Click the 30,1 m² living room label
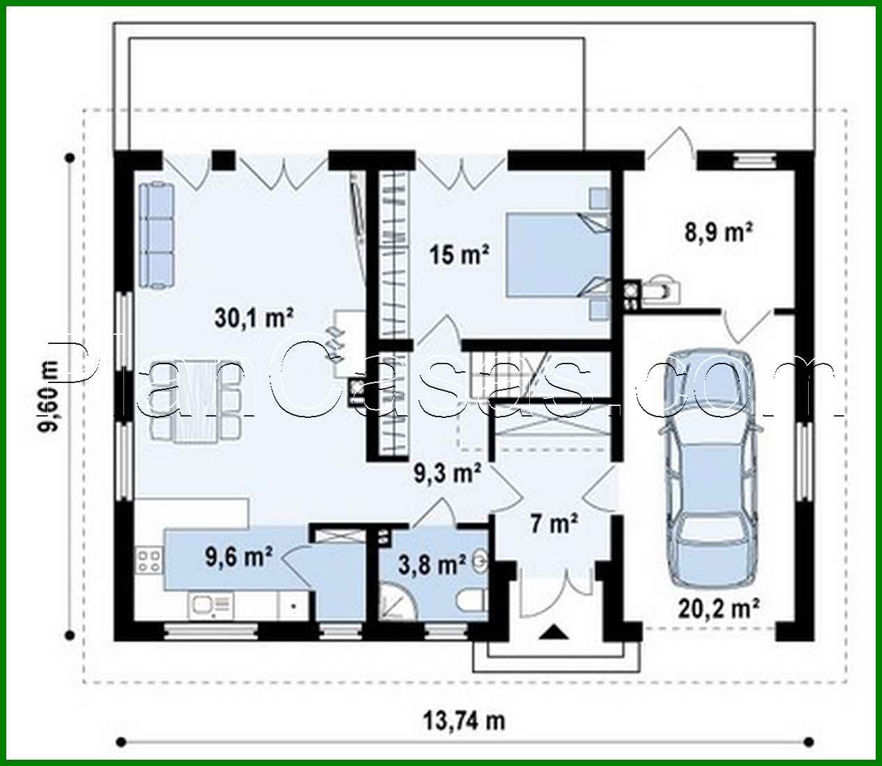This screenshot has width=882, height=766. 253,319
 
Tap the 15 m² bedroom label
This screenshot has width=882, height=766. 458,255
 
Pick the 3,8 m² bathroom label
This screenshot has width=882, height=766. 423,564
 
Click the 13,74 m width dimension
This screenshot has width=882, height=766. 464,719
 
